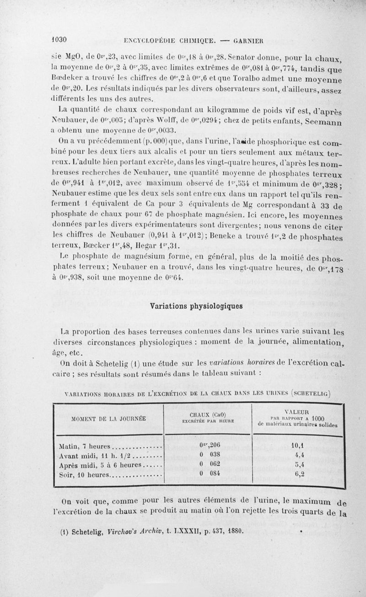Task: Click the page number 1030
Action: [59, 39]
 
